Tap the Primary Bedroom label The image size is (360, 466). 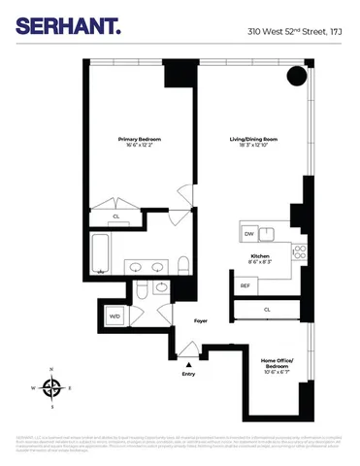[140, 140]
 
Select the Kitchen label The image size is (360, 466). [260, 254]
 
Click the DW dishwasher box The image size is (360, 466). [248, 234]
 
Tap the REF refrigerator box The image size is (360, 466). [245, 285]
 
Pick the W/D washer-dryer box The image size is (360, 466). [115, 316]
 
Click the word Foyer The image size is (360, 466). [202, 319]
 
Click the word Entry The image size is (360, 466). [188, 373]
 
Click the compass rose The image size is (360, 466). [52, 387]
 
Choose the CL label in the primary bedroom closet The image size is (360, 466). [116, 216]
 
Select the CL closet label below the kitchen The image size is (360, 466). [267, 309]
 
